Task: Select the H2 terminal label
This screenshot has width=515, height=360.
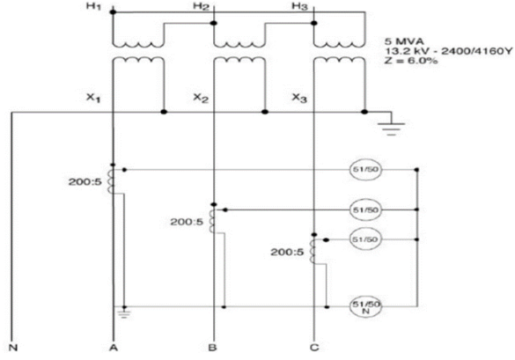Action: (200, 7)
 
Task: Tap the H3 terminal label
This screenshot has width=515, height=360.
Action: (300, 7)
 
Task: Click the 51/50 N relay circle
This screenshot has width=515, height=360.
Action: (362, 305)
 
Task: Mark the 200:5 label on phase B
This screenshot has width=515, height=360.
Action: (187, 221)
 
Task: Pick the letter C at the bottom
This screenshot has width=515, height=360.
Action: (314, 347)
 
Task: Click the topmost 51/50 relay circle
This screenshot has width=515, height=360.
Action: (362, 169)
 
